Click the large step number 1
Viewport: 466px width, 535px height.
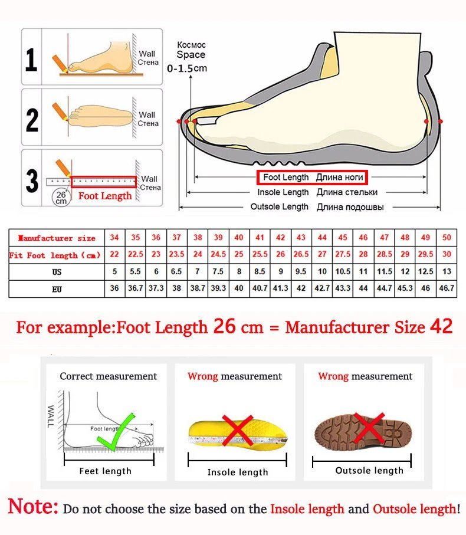[32, 59]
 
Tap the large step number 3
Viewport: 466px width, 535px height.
[32, 181]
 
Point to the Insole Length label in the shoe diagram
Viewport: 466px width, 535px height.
[283, 192]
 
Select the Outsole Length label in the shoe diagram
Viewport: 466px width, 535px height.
[279, 206]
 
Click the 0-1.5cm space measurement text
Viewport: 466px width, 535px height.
[188, 68]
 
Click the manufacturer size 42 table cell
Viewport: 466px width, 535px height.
[281, 238]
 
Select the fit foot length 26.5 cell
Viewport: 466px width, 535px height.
[301, 255]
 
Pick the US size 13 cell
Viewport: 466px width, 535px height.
[447, 272]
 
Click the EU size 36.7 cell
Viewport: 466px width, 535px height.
[135, 289]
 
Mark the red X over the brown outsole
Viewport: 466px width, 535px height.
[369, 428]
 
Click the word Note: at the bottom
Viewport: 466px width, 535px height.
[33, 507]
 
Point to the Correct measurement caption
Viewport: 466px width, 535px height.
[109, 376]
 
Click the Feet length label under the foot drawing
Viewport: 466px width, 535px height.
[106, 471]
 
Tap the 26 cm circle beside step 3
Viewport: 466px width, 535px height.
[61, 196]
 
